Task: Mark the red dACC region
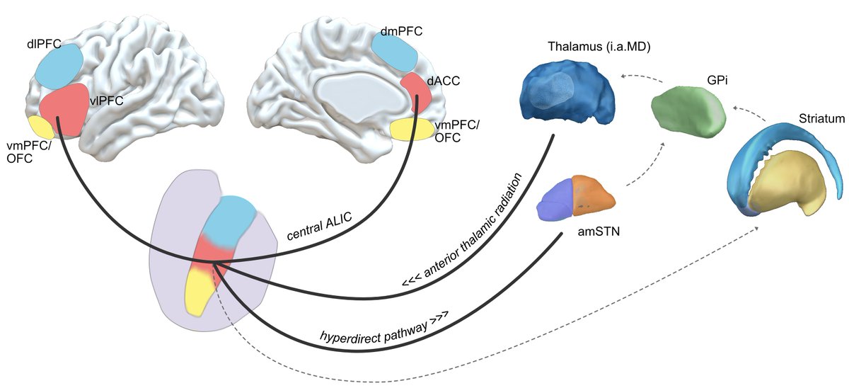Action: tap(415, 92)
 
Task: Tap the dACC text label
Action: tap(443, 81)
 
